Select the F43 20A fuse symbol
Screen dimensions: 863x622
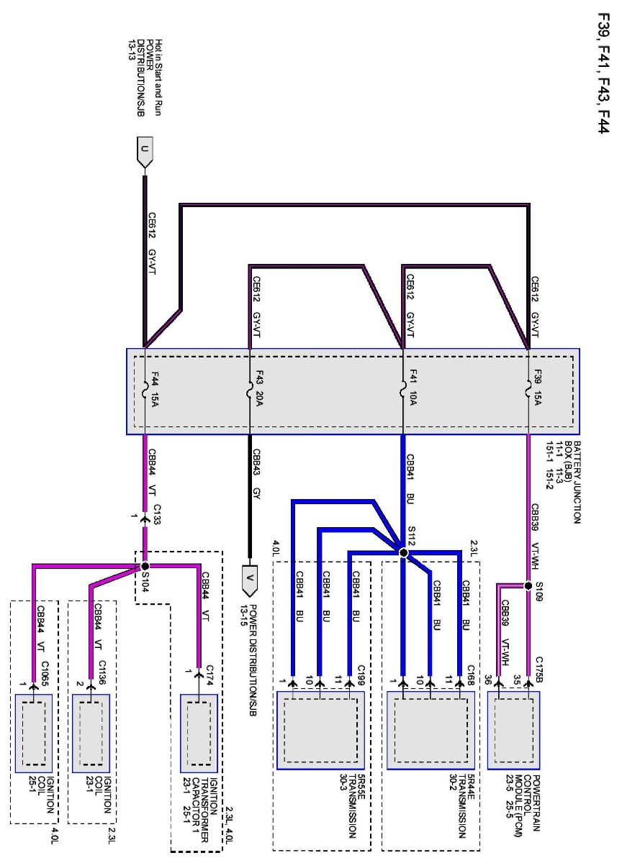pyautogui.click(x=249, y=391)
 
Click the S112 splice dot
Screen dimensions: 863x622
pyautogui.click(x=403, y=552)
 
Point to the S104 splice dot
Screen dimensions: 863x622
pyautogui.click(x=145, y=567)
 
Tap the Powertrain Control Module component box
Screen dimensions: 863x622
pyautogui.click(x=514, y=730)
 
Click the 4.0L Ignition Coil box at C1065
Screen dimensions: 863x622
pyautogui.click(x=34, y=730)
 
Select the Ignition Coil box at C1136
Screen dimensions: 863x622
pyautogui.click(x=91, y=730)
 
